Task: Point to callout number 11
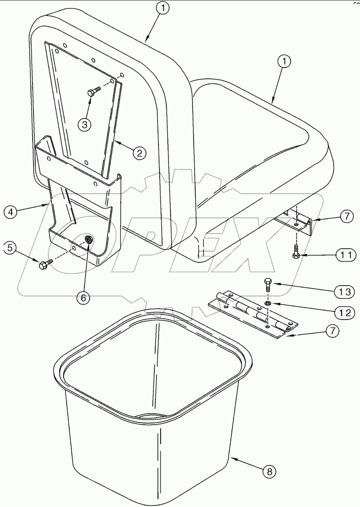pyautogui.click(x=344, y=255)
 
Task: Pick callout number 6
pyautogui.click(x=84, y=297)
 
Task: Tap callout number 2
pyautogui.click(x=139, y=153)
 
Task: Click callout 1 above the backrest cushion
pyautogui.click(x=164, y=8)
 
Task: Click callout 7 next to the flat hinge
pyautogui.click(x=332, y=331)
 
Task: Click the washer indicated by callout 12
pyautogui.click(x=267, y=303)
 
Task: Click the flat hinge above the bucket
pyautogui.click(x=252, y=314)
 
